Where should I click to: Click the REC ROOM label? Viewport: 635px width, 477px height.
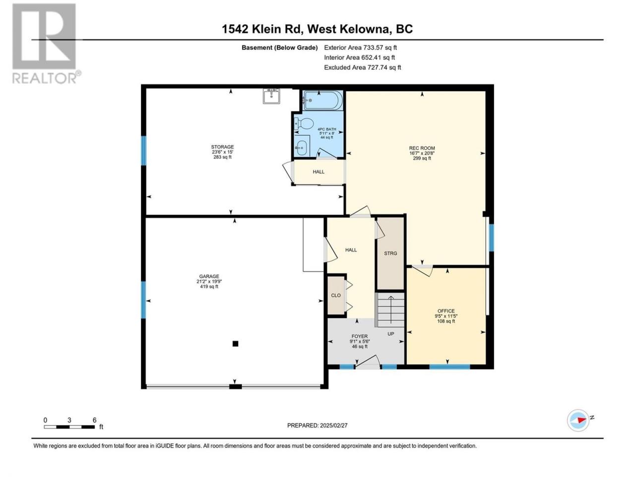422,148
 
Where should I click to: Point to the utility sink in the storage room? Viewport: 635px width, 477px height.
271,96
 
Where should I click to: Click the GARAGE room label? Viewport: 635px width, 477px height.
209,276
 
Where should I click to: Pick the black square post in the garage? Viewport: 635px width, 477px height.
236,344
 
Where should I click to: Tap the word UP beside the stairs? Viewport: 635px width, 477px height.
390,334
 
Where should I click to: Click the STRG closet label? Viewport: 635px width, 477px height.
390,253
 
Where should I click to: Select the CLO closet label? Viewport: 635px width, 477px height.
336,295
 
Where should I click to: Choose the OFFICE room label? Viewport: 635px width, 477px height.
446,311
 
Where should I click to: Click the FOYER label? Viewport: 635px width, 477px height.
360,336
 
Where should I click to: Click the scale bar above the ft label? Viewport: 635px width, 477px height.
69,427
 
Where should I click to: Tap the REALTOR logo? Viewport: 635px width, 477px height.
46,43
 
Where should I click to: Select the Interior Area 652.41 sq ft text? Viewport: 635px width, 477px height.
359,57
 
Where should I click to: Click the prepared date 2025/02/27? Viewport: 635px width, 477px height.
333,425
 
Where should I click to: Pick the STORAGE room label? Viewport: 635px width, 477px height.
222,147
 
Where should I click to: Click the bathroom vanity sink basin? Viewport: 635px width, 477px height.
302,148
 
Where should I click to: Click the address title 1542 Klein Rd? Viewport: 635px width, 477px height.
262,29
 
